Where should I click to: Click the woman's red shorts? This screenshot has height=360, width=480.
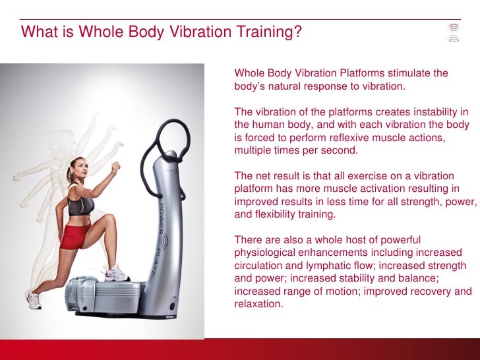coord(75,236)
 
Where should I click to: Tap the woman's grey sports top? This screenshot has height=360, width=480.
coord(80,205)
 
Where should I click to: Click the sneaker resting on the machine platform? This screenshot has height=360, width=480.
coord(117,273)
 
